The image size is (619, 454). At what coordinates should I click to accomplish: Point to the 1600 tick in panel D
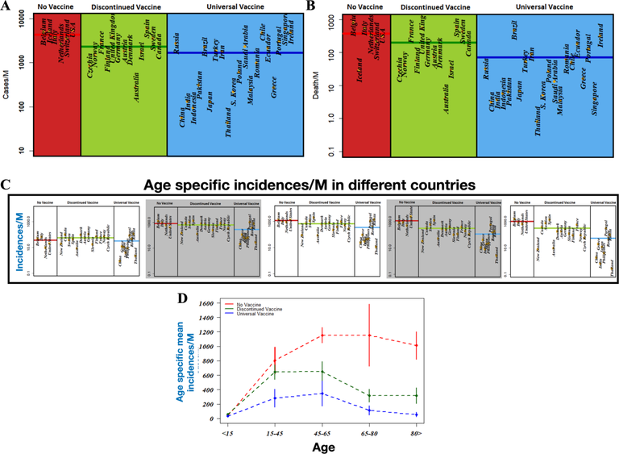pyautogui.click(x=207, y=303)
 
